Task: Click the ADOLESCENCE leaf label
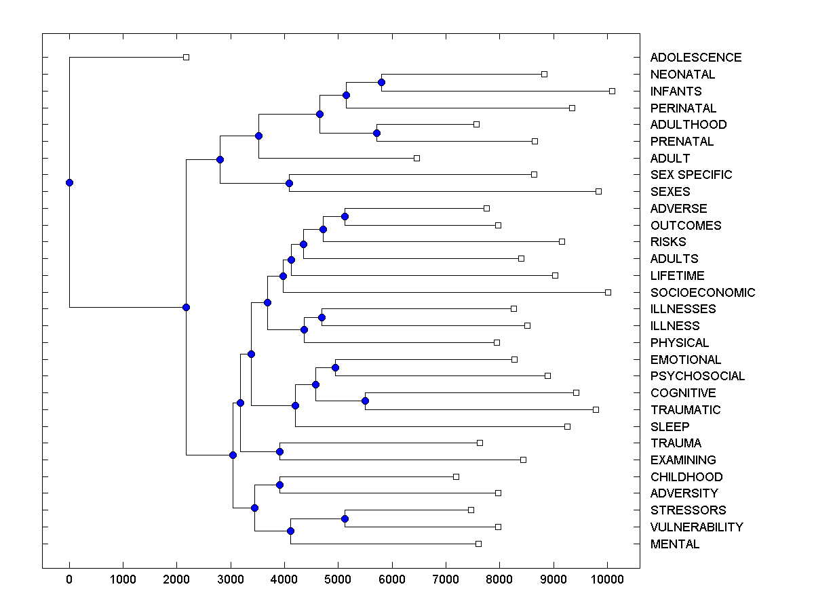pyautogui.click(x=695, y=58)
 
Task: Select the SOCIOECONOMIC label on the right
pyautogui.click(x=702, y=293)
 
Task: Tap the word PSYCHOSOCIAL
pyautogui.click(x=697, y=376)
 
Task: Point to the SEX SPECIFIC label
pyautogui.click(x=691, y=175)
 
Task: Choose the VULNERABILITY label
pyautogui.click(x=696, y=527)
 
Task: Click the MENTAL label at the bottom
pyautogui.click(x=674, y=544)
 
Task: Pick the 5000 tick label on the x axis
pyautogui.click(x=338, y=578)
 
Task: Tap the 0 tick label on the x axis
pyautogui.click(x=69, y=578)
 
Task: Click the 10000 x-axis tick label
pyautogui.click(x=606, y=578)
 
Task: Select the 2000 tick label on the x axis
pyautogui.click(x=176, y=578)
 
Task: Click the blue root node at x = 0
pyautogui.click(x=69, y=182)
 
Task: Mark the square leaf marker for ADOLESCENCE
pyautogui.click(x=187, y=57)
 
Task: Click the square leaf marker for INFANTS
pyautogui.click(x=612, y=91)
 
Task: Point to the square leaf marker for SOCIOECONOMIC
pyautogui.click(x=608, y=292)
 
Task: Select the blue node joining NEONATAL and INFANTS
pyautogui.click(x=381, y=82)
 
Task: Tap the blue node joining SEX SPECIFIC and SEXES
pyautogui.click(x=289, y=183)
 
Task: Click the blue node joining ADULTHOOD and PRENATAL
pyautogui.click(x=376, y=133)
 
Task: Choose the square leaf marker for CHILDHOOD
pyautogui.click(x=456, y=476)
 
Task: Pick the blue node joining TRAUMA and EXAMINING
pyautogui.click(x=279, y=451)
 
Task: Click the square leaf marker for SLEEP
pyautogui.click(x=567, y=426)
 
